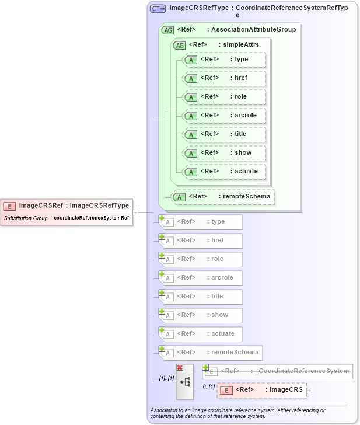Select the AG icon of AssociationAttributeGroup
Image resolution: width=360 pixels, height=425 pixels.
pyautogui.click(x=167, y=29)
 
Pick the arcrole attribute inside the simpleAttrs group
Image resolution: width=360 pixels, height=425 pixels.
pyautogui.click(x=224, y=116)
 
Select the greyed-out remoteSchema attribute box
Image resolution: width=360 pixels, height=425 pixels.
pyautogui.click(x=210, y=352)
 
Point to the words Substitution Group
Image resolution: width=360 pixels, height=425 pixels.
pyautogui.click(x=26, y=218)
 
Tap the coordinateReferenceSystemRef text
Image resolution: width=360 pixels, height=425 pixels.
pyautogui.click(x=92, y=218)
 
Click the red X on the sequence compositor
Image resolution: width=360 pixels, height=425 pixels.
pyautogui.click(x=180, y=367)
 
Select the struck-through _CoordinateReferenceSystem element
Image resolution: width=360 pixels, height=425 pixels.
pyautogui.click(x=277, y=371)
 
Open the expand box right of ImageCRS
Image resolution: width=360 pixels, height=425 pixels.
pyautogui.click(x=309, y=390)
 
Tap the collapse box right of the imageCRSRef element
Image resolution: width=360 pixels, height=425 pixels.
pyautogui.click(x=135, y=212)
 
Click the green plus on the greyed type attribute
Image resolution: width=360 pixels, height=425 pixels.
pyautogui.click(x=162, y=218)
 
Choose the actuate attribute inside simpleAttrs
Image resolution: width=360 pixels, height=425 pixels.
pyautogui.click(x=224, y=172)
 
